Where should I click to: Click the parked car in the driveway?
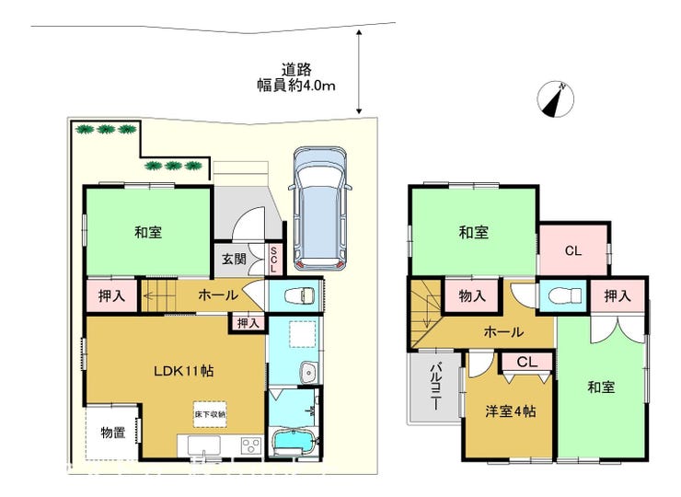point(319,210)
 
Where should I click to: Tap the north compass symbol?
point(556,99)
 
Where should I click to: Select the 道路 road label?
point(296,69)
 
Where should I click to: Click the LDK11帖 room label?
point(184,371)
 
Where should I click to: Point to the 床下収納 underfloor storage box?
point(210,414)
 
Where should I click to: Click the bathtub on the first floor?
point(294,443)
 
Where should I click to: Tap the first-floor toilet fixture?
point(299,296)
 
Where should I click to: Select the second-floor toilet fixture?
point(565,296)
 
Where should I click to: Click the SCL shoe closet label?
point(273,260)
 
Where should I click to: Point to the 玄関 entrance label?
point(234,259)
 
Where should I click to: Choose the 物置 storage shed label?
point(113,433)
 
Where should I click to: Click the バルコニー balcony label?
point(434,386)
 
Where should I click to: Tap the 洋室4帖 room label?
point(511,411)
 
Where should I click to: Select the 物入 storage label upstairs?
point(472,296)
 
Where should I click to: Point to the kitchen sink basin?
point(203,445)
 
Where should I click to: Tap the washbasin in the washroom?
point(308,373)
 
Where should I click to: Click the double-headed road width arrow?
point(359,72)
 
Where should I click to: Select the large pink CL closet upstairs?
point(573,250)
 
